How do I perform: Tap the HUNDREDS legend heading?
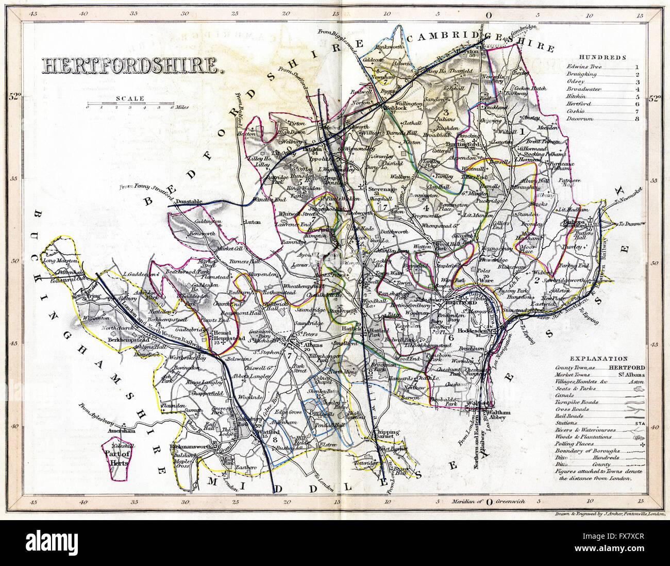coord(601,58)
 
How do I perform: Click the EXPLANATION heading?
coord(598,358)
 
